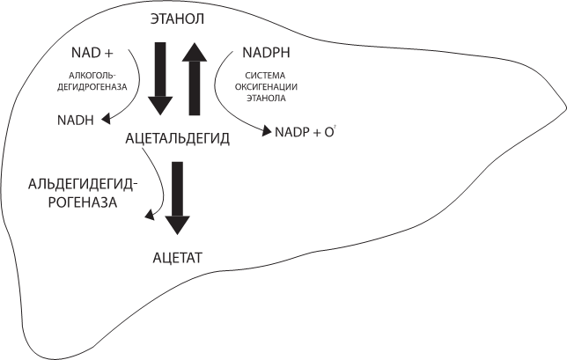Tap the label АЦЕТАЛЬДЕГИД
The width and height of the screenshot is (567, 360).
tap(179, 138)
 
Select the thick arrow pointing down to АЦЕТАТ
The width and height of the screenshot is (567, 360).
tap(178, 196)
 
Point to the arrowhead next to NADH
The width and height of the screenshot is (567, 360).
tap(107, 118)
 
